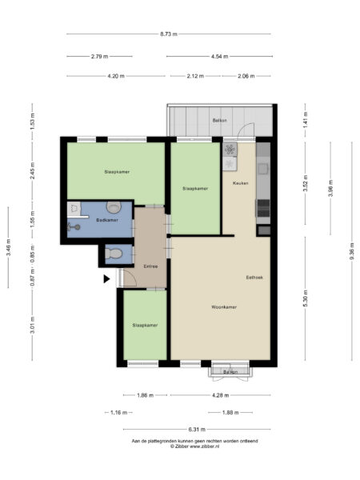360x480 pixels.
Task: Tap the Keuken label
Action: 240,184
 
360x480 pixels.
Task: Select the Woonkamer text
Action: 223,307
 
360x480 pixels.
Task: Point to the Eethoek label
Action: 255,278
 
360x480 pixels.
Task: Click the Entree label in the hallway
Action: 150,266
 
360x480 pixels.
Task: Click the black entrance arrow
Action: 106,279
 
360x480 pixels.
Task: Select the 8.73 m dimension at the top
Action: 168,34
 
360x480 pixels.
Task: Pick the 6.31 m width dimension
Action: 196,430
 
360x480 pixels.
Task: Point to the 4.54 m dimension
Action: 219,56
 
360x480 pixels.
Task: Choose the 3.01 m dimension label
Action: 32,327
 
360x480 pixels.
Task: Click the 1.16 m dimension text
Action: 118,413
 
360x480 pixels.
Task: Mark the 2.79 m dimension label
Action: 99,56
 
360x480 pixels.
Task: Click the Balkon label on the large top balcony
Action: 219,121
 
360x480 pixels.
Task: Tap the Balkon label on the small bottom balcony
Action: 230,372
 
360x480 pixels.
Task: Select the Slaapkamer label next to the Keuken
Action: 195,189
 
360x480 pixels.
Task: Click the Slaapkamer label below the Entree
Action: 145,326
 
